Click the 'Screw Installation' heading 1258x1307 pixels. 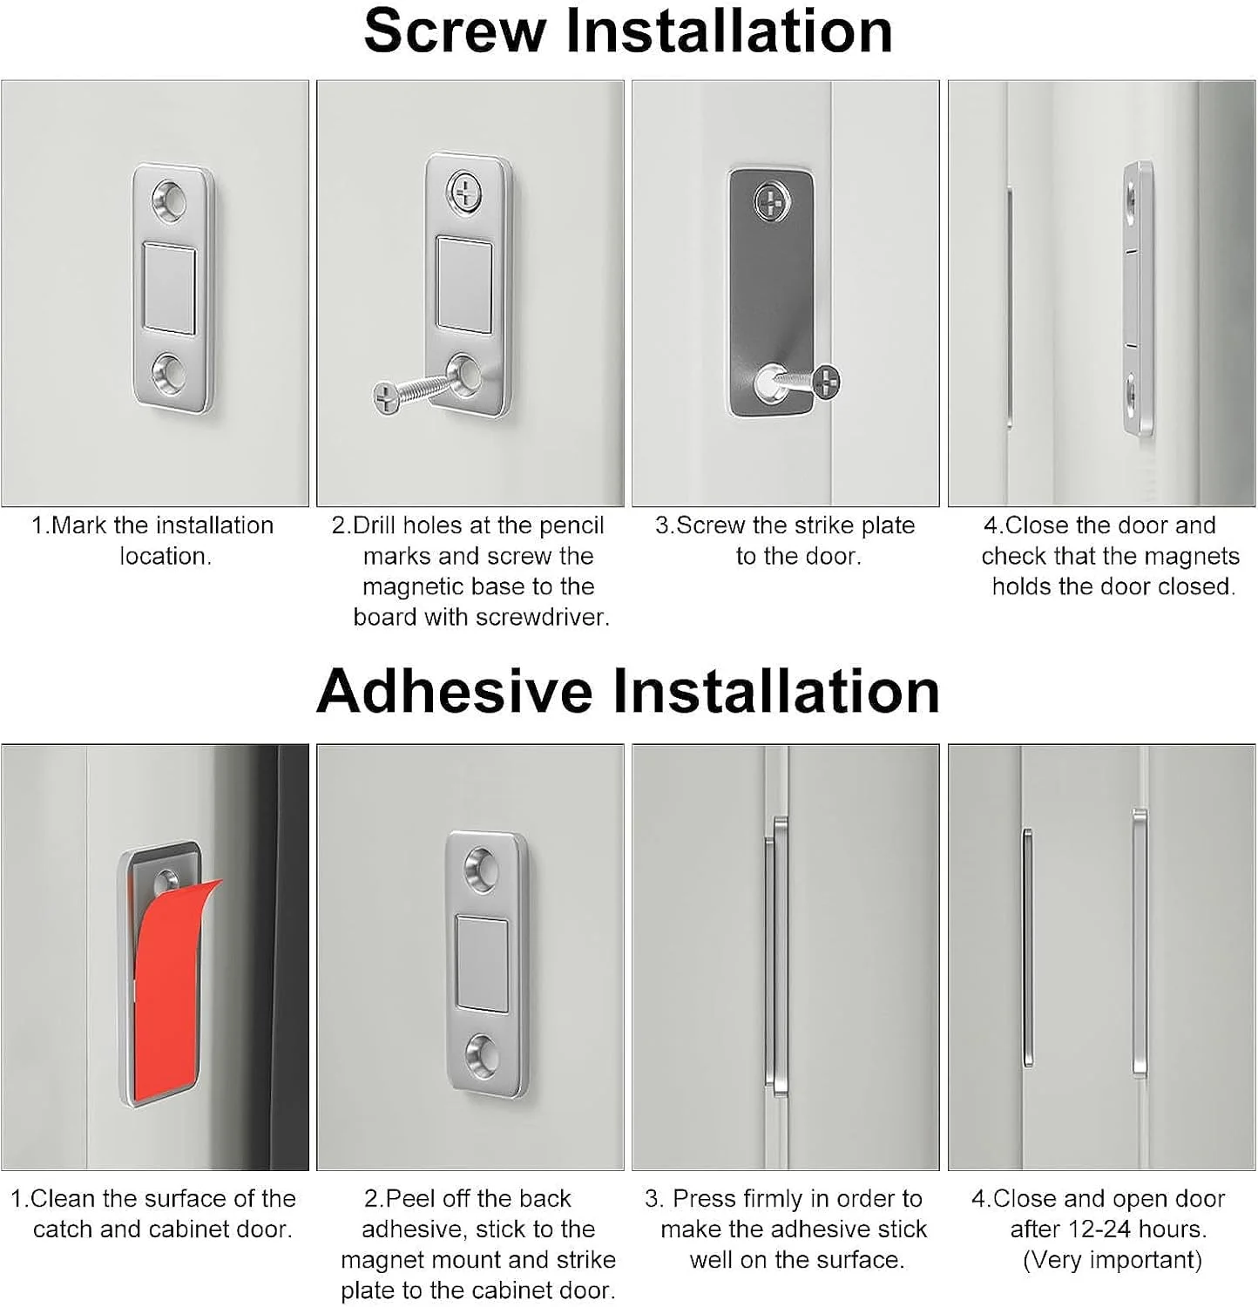point(628,31)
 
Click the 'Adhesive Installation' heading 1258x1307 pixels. point(628,691)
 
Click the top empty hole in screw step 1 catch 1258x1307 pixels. point(170,200)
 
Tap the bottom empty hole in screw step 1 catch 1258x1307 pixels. point(170,373)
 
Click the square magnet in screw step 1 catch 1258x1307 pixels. point(169,288)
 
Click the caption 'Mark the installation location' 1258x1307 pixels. point(153,540)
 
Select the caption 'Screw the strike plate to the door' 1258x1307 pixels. point(786,540)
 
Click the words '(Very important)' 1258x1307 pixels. point(1112,1260)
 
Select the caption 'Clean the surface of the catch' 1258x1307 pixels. point(153,1214)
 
